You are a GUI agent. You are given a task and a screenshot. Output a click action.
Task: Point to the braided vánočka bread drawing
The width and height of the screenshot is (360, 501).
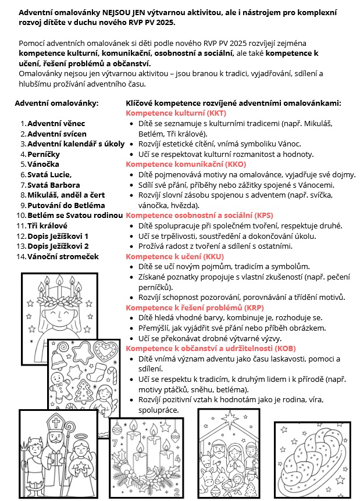click(x=312, y=459)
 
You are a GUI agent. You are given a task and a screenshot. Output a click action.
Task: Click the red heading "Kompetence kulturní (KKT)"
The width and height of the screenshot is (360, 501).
click(x=176, y=113)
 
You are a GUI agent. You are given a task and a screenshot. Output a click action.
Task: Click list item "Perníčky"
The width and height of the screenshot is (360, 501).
click(x=44, y=154)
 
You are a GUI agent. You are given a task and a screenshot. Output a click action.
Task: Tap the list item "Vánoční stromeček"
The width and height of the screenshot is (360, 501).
click(x=63, y=256)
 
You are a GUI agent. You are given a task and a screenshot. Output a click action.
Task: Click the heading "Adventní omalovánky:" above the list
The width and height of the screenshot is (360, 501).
click(x=56, y=103)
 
